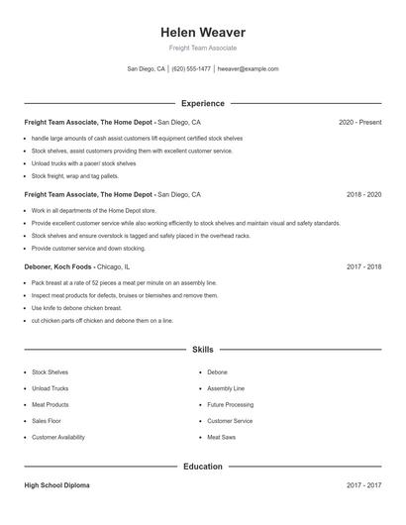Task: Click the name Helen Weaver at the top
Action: coord(202,32)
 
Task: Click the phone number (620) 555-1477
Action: coord(191,69)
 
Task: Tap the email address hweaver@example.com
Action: coord(248,69)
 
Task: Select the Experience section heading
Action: coord(202,103)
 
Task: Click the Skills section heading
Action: coord(202,350)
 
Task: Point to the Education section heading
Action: coord(202,466)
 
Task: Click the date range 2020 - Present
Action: coord(359,122)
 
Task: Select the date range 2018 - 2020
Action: coord(363,195)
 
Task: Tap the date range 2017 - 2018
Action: coord(363,267)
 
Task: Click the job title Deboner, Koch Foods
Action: coord(59,267)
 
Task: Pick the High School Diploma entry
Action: coord(57,485)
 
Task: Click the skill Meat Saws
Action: coord(221,437)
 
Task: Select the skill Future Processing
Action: coord(230,405)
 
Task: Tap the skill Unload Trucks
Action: coord(50,389)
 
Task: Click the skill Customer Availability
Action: coord(58,437)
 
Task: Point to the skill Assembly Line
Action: coord(226,389)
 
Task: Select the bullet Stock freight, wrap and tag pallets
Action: coord(81,175)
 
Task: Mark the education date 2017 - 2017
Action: coord(363,485)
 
